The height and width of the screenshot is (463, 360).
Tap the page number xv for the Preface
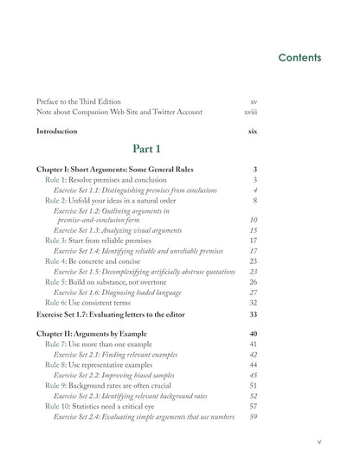[x=253, y=100]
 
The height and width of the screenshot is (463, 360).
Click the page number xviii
[x=250, y=112]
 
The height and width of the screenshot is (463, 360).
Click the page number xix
[x=252, y=131]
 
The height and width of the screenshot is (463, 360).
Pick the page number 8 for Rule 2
[x=255, y=200]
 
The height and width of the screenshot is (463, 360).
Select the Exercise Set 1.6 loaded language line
[x=125, y=292]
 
